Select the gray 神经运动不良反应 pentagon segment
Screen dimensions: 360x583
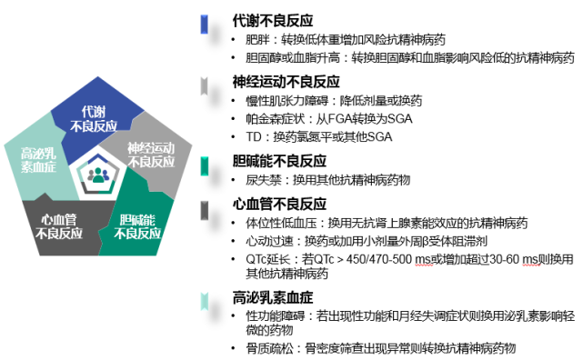150,154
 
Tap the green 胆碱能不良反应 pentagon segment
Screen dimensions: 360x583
135,224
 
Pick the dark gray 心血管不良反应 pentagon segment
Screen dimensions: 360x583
58,224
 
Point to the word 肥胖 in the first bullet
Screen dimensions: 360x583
257,40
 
